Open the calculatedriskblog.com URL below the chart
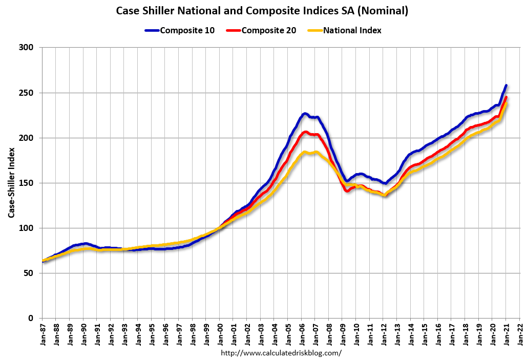(x=281, y=353)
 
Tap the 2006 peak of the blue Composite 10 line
(x=305, y=113)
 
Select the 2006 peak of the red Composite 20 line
(x=305, y=132)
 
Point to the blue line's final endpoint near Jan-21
(x=506, y=86)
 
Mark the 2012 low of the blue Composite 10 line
(x=385, y=183)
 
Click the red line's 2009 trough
(x=347, y=191)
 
